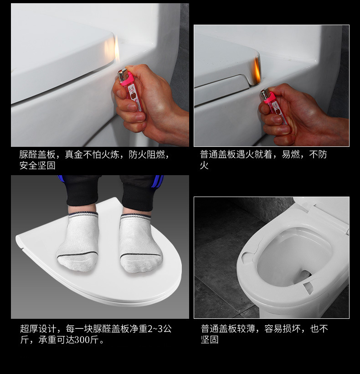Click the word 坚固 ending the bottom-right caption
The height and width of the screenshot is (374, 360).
point(210,340)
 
